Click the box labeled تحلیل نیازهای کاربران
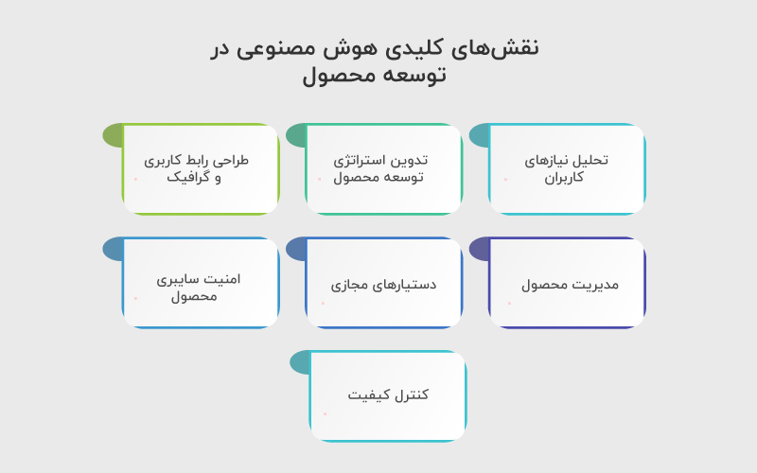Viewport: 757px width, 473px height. pyautogui.click(x=567, y=169)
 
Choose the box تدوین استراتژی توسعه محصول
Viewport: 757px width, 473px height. pyautogui.click(x=384, y=169)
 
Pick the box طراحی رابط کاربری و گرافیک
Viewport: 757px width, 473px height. pyautogui.click(x=201, y=169)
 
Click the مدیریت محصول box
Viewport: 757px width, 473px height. pyautogui.click(x=567, y=283)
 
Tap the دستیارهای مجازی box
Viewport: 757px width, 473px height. pyautogui.click(x=384, y=283)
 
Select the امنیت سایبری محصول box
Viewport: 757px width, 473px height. pyautogui.click(x=201, y=283)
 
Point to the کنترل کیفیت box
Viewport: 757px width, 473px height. pyautogui.click(x=388, y=395)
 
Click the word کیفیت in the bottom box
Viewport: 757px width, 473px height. pyautogui.click(x=368, y=394)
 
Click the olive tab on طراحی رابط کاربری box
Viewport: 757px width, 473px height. pyautogui.click(x=113, y=135)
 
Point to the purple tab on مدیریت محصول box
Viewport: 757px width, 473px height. pyautogui.click(x=479, y=249)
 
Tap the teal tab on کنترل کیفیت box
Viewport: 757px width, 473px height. pyautogui.click(x=299, y=362)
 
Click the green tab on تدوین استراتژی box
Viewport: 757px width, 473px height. pyautogui.click(x=295, y=135)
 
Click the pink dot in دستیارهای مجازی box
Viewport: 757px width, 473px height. pyautogui.click(x=323, y=303)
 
